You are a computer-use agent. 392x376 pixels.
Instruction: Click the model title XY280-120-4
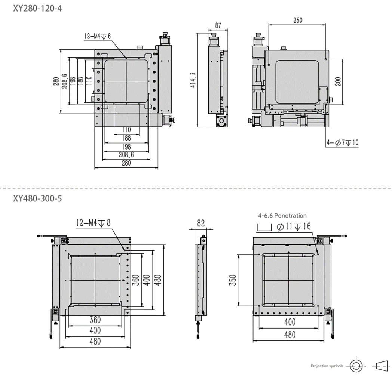tap(37, 9)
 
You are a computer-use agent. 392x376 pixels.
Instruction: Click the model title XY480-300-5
tap(37, 198)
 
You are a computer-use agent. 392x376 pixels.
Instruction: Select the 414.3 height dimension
tap(193, 80)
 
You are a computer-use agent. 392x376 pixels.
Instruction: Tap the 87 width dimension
tap(218, 25)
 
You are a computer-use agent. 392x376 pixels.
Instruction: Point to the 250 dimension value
tap(298, 20)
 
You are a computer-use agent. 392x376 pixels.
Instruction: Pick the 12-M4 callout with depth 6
tap(97, 36)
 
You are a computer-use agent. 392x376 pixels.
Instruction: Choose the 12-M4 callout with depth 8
tap(93, 223)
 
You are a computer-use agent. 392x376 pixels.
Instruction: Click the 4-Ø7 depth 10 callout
tap(342, 143)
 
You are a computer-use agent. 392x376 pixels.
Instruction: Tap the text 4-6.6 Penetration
tap(282, 215)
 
